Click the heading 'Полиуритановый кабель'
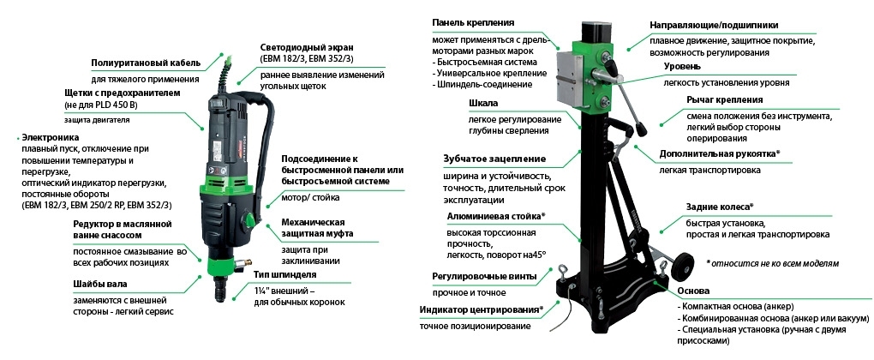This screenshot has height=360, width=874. point(146,63)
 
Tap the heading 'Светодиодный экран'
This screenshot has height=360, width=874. point(307,47)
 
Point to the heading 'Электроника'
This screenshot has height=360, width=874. point(51,136)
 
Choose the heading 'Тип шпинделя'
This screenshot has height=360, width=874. point(284,275)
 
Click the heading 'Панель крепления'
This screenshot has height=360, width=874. point(473,23)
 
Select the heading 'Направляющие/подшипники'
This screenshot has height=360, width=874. point(714,25)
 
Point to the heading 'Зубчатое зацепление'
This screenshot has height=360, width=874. point(494,159)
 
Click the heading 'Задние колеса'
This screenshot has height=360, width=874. point(720,207)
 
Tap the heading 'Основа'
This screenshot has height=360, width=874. point(693,291)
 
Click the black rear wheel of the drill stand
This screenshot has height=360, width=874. point(682,267)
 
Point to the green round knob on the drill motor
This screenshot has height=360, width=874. point(249,219)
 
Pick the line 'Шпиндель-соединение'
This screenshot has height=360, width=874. point(482,84)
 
